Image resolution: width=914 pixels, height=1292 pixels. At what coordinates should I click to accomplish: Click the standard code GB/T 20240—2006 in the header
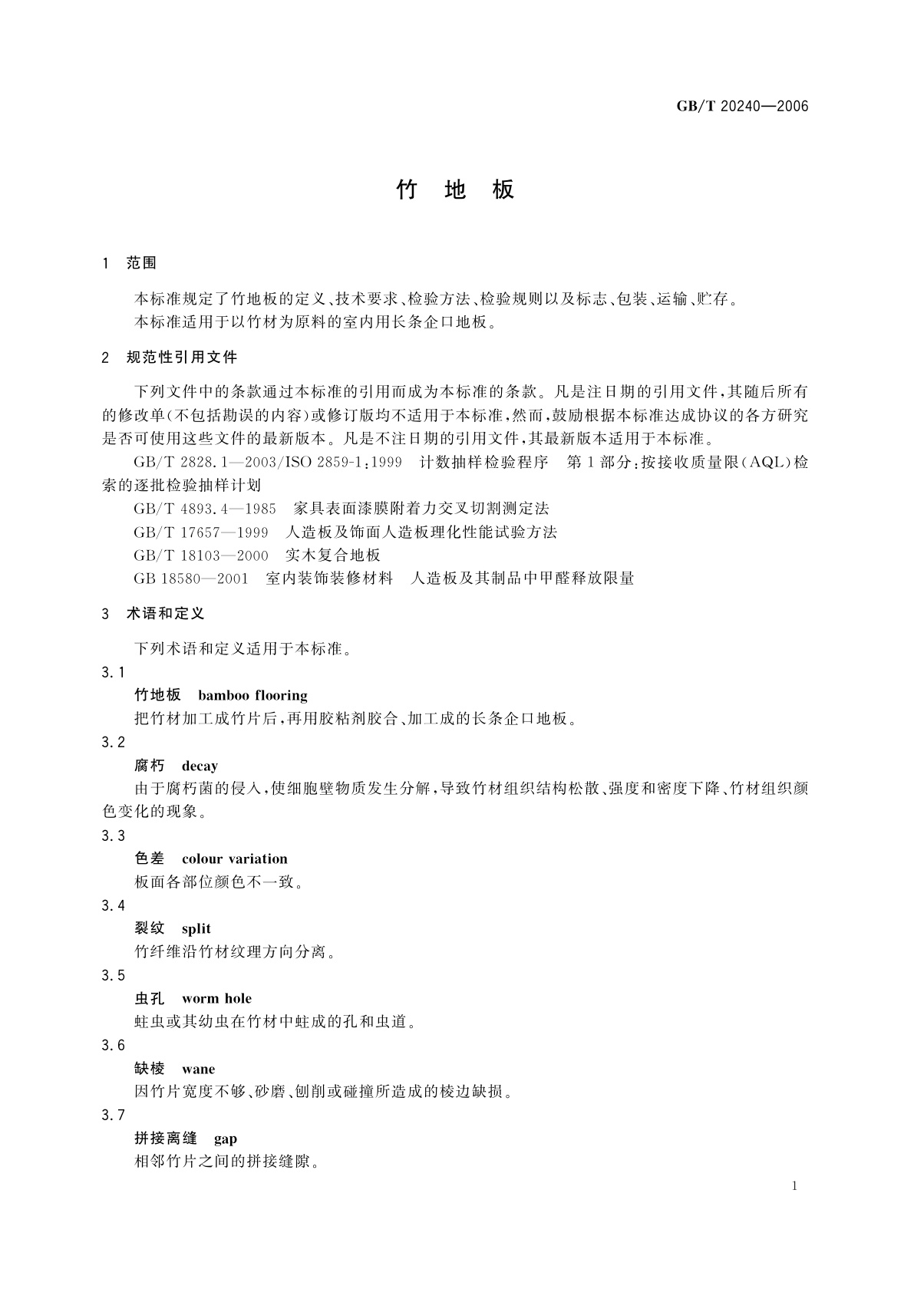[x=742, y=107]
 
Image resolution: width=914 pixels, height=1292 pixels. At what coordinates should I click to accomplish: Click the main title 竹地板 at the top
[x=455, y=190]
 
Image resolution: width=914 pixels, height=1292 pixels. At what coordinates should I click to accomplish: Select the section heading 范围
[x=141, y=263]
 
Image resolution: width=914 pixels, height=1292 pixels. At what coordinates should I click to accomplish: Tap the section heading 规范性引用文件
[x=181, y=358]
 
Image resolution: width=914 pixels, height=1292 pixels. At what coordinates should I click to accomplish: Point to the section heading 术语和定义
[x=165, y=614]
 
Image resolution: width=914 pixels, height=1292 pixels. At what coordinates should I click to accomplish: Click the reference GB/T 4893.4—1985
[x=205, y=508]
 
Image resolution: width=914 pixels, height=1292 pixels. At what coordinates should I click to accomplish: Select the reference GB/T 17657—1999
[x=201, y=532]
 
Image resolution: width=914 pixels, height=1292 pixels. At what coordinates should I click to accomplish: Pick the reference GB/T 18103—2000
[x=201, y=555]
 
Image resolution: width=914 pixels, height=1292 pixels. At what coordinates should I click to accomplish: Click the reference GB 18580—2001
[x=191, y=578]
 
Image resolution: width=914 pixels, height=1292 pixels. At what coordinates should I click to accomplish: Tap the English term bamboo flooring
[x=252, y=696]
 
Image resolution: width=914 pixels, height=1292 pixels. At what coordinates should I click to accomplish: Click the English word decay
[x=200, y=766]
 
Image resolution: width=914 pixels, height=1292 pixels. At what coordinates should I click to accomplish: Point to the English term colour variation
[x=234, y=859]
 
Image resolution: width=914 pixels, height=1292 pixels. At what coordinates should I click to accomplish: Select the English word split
[x=196, y=929]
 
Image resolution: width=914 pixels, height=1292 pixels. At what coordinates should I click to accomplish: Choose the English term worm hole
[x=216, y=999]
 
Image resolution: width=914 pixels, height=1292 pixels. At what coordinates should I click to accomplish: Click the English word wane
[x=198, y=1069]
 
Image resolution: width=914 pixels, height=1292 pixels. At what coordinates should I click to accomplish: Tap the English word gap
[x=226, y=1139]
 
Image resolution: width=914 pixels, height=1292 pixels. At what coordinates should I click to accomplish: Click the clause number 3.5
[x=113, y=976]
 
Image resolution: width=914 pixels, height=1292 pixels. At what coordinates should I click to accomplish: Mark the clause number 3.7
[x=113, y=1116]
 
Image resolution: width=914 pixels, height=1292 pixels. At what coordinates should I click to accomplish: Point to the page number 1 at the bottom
[x=794, y=1186]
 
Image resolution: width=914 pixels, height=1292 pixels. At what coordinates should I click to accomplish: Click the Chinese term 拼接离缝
[x=166, y=1139]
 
